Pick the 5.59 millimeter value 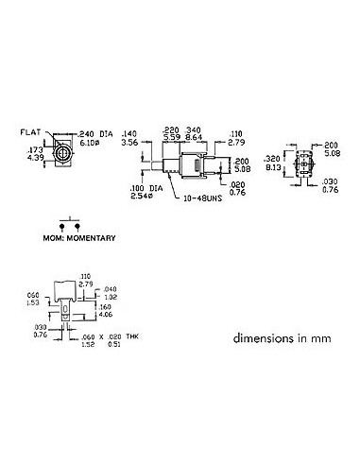coord(171,137)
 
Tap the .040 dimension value coord(110,288)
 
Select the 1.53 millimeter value coord(33,302)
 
